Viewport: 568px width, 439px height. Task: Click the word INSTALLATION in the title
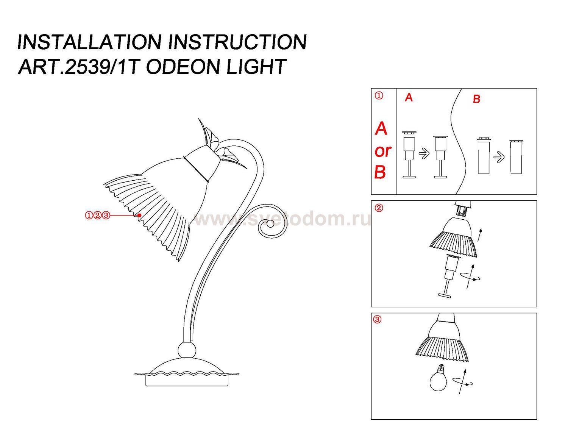(89, 42)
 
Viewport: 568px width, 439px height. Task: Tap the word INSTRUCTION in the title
(237, 42)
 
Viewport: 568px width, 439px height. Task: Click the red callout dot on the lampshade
(140, 215)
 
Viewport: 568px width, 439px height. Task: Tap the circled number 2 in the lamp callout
(97, 216)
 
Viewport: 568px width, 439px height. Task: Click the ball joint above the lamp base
(187, 350)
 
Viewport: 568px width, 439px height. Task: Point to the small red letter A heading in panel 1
(409, 97)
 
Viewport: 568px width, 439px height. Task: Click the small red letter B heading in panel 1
(476, 99)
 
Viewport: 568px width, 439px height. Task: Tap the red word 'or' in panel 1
(383, 151)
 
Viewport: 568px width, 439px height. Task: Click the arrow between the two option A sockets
(424, 153)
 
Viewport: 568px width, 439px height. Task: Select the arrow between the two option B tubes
(499, 158)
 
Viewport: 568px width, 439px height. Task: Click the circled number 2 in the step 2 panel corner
(379, 208)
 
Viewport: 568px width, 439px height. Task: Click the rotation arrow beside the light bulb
(463, 383)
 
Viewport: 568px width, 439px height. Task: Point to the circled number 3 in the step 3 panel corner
(378, 319)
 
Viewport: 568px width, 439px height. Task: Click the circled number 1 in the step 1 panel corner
(379, 96)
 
